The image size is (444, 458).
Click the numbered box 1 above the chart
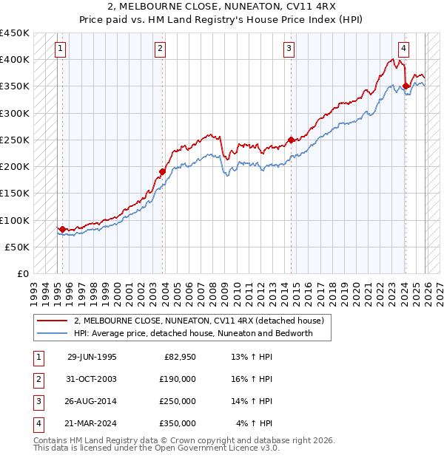(60, 49)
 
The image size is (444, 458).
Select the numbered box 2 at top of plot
(160, 49)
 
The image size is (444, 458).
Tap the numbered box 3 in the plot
(288, 49)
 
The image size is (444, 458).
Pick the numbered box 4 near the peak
(403, 49)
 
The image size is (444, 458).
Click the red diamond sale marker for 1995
(62, 229)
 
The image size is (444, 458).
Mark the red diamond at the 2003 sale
(162, 172)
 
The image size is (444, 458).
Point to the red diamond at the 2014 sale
(291, 140)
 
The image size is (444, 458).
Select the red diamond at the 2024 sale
(406, 86)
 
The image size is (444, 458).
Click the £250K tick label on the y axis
(15, 140)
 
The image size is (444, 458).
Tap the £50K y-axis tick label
(18, 247)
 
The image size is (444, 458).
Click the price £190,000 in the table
(178, 379)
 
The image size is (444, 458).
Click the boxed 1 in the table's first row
(38, 357)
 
